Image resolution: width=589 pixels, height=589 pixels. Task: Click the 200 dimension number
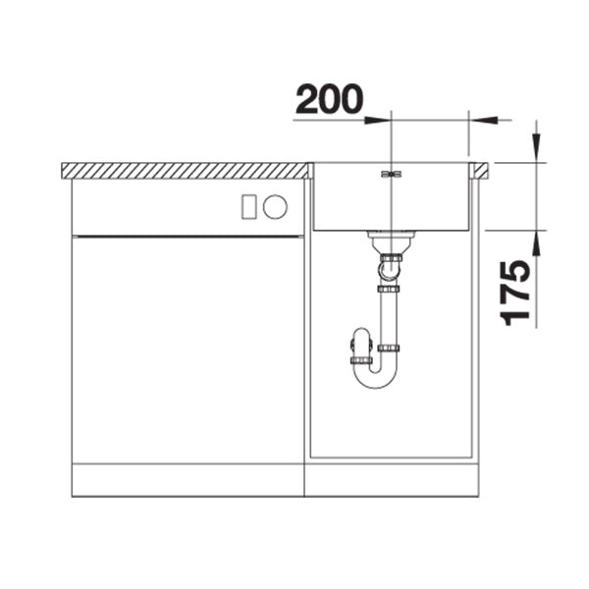click(x=330, y=98)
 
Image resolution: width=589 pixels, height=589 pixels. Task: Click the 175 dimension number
click(x=515, y=293)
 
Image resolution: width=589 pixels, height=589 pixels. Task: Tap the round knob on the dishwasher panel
click(x=275, y=206)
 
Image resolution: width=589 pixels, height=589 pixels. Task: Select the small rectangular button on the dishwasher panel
click(x=249, y=206)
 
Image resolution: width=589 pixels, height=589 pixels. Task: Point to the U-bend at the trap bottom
click(x=376, y=378)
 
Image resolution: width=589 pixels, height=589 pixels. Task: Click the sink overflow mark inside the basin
click(x=392, y=174)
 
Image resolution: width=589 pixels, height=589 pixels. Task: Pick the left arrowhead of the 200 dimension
click(x=378, y=120)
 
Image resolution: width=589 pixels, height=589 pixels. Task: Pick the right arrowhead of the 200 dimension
click(x=483, y=120)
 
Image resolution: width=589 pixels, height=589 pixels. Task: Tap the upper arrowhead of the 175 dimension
click(x=537, y=147)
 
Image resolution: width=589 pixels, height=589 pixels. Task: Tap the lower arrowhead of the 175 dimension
click(x=537, y=244)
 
